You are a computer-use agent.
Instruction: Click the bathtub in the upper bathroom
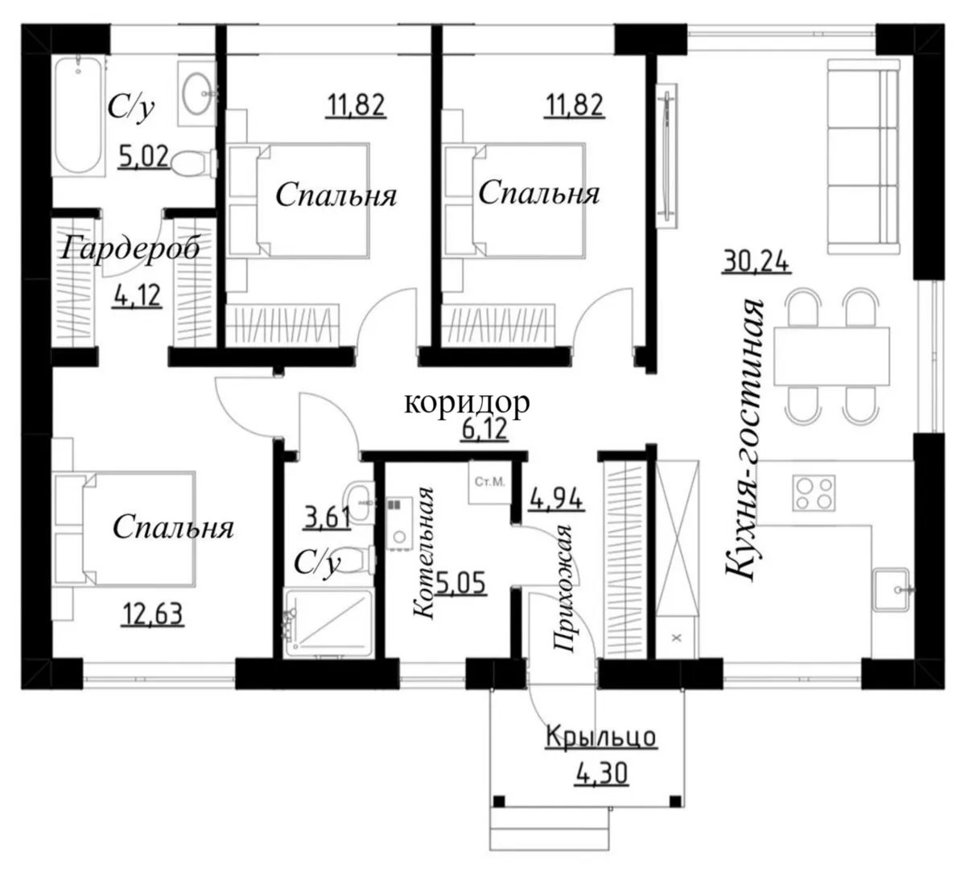(x=79, y=115)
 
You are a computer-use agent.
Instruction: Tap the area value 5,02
(x=143, y=157)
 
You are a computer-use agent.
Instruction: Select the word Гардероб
(x=130, y=249)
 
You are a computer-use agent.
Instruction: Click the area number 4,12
(x=137, y=295)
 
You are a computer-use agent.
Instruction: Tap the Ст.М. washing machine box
(x=489, y=482)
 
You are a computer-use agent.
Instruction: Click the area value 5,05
(x=461, y=583)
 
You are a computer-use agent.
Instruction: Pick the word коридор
(x=467, y=402)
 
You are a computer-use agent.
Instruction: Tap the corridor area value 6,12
(x=484, y=429)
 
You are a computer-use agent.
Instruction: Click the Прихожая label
(x=563, y=588)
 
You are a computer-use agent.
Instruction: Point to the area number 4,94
(x=556, y=500)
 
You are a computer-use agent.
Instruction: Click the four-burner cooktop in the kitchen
(x=814, y=492)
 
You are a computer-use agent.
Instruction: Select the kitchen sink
(x=892, y=589)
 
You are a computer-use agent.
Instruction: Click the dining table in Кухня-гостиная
(x=831, y=356)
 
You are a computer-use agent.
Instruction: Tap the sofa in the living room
(x=863, y=157)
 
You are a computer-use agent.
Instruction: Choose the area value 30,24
(x=756, y=262)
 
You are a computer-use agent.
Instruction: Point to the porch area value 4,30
(x=600, y=774)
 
